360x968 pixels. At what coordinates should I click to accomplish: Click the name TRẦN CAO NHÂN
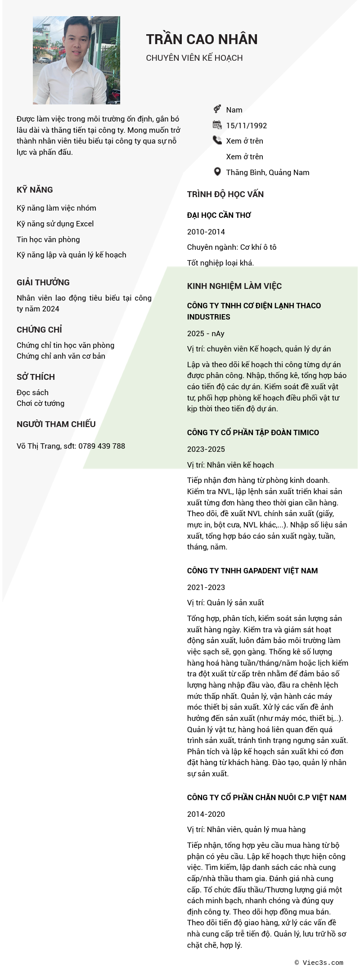202,40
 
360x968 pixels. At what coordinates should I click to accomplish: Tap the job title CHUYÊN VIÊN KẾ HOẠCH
194,58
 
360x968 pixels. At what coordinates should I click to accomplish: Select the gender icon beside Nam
217,109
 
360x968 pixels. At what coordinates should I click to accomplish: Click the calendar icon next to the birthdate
217,125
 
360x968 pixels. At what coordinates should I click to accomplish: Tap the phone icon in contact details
217,140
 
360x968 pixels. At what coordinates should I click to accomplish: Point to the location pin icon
217,172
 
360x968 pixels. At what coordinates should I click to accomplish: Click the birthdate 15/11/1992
246,126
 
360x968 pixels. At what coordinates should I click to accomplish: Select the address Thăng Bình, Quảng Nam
267,172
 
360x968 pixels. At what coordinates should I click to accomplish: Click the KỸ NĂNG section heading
35,190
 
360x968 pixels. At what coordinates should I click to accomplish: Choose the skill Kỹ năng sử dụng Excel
55,224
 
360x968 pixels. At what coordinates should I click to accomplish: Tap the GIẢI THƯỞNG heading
43,283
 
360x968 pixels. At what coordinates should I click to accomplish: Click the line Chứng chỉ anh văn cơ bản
61,356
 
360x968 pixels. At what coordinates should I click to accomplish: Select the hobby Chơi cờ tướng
40,403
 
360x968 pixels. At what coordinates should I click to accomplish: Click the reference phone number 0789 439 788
102,446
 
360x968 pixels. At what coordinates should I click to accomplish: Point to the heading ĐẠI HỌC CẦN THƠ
219,215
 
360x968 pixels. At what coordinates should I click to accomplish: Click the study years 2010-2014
206,232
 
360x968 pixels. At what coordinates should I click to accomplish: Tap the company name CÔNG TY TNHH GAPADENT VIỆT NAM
252,571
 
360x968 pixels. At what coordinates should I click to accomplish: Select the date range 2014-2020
206,814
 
